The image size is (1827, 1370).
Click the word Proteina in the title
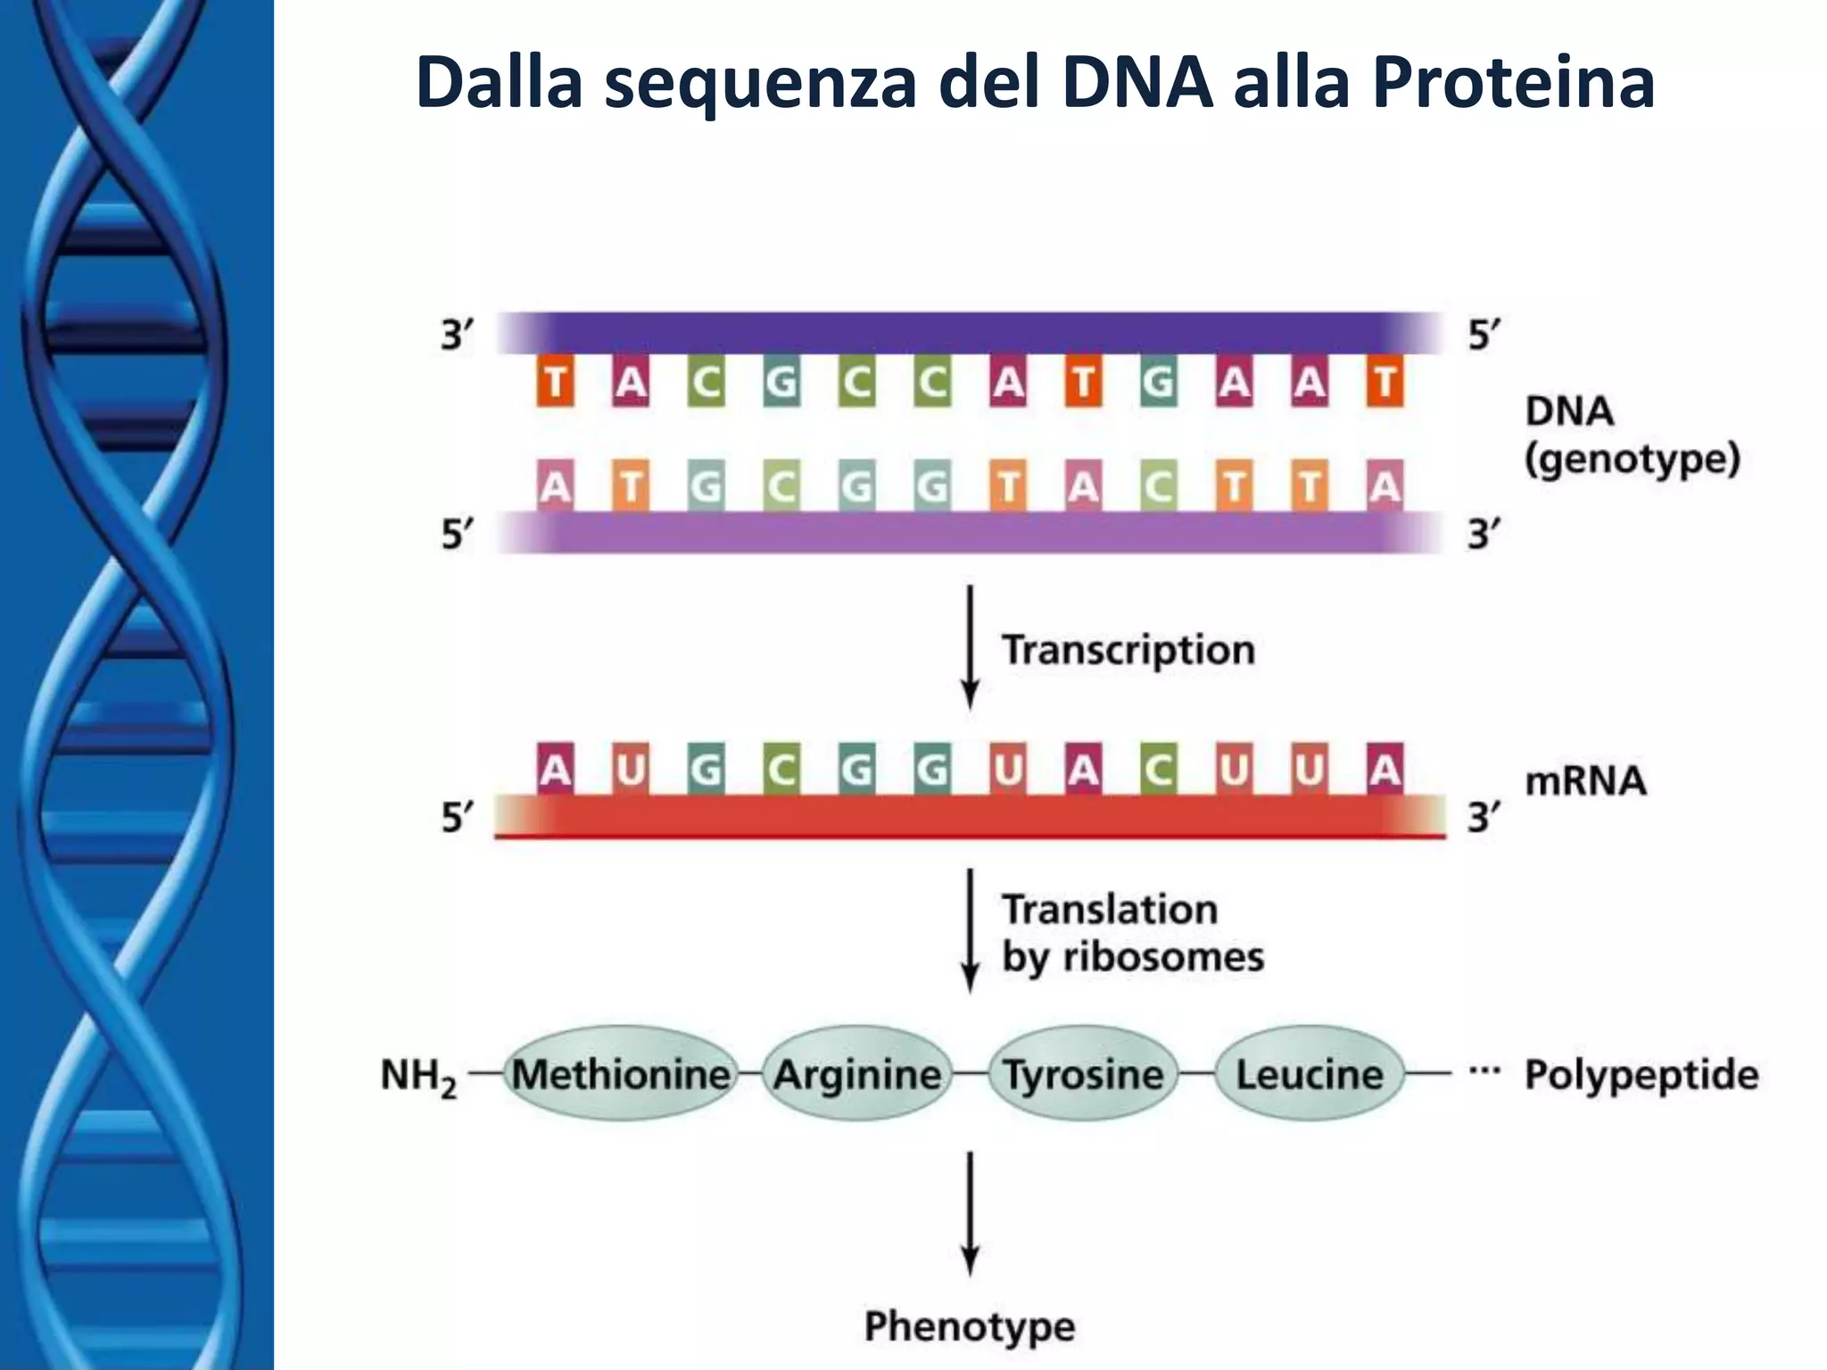point(1513,83)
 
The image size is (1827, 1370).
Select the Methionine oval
point(621,1074)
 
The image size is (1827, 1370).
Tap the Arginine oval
point(857,1074)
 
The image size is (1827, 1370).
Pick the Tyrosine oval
point(1083,1074)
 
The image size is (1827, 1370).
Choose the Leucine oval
point(1309,1074)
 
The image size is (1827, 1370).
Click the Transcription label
point(1128,649)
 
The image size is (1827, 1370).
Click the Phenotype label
point(970,1326)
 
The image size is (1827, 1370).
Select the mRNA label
point(1585,780)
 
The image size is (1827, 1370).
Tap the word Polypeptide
point(1641,1075)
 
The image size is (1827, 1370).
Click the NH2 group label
point(417,1076)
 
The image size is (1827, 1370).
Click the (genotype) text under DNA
point(1633,459)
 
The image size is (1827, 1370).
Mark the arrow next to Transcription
point(971,647)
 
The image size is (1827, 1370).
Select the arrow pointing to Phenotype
point(971,1213)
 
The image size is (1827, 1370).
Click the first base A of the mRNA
point(555,768)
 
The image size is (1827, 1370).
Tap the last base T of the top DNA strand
point(1385,382)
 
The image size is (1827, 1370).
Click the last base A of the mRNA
point(1385,768)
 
